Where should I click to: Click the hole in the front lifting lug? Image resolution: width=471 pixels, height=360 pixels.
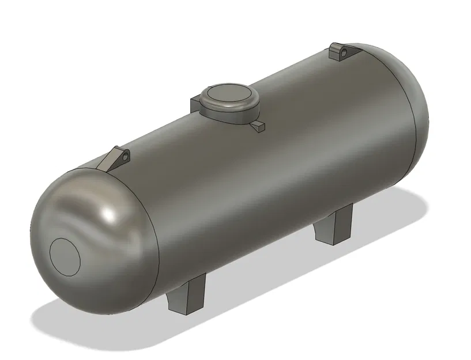point(123,156)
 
